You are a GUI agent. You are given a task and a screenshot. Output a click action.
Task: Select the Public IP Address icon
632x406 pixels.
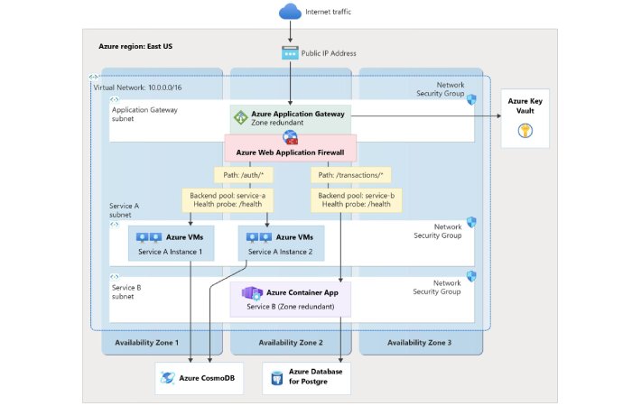[x=289, y=53]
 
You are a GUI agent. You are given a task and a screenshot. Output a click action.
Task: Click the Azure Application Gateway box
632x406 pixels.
[x=290, y=118]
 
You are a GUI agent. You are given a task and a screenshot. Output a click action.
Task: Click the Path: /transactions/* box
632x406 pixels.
[x=348, y=174]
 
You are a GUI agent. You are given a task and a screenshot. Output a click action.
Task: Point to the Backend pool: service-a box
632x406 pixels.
[x=228, y=200]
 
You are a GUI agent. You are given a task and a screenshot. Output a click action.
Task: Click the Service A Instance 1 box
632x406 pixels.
[x=171, y=244]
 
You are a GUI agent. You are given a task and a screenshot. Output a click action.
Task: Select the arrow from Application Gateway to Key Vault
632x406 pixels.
[x=424, y=115]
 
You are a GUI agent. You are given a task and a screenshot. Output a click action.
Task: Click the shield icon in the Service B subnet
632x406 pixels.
[x=470, y=276]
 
